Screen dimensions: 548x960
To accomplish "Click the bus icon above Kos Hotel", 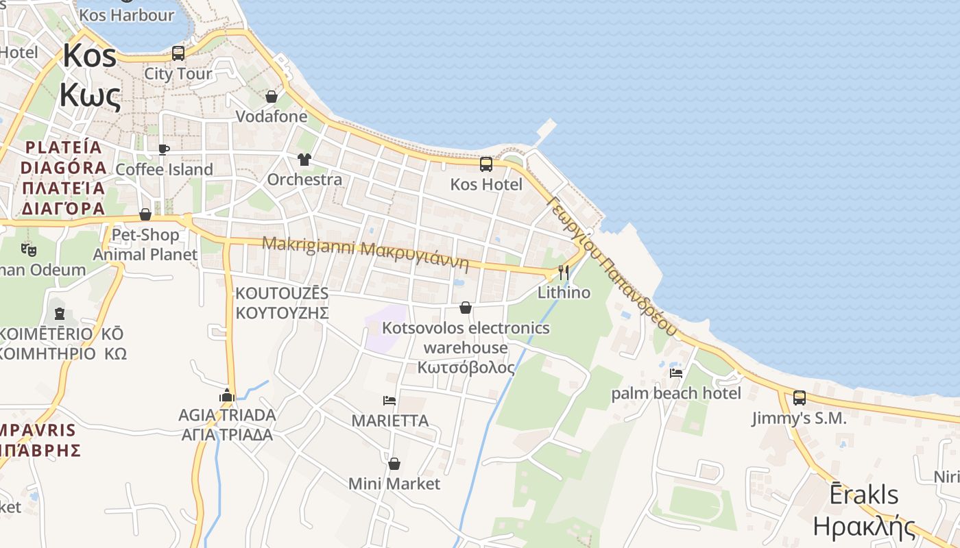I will pyautogui.click(x=485, y=164).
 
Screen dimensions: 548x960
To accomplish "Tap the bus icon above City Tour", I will pyautogui.click(x=178, y=53).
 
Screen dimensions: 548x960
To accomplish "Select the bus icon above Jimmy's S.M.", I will pyautogui.click(x=799, y=397).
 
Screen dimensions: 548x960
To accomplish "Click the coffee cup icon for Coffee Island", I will pyautogui.click(x=163, y=149).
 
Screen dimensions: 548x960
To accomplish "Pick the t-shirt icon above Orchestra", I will pyautogui.click(x=304, y=160).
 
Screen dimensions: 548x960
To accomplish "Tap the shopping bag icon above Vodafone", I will pyautogui.click(x=272, y=97).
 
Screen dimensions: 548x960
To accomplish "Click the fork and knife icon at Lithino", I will pyautogui.click(x=563, y=273).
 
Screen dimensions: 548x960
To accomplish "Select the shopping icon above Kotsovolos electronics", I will pyautogui.click(x=466, y=308).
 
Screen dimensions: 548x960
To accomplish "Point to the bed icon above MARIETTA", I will pyautogui.click(x=389, y=400).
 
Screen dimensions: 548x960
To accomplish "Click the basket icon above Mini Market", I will pyautogui.click(x=394, y=464).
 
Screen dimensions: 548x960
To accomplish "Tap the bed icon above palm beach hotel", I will pyautogui.click(x=676, y=373).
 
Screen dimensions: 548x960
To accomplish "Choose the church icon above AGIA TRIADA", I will pyautogui.click(x=227, y=395).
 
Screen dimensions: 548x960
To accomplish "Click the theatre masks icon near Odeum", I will pyautogui.click(x=28, y=249).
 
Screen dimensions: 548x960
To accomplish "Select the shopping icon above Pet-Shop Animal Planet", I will pyautogui.click(x=145, y=214).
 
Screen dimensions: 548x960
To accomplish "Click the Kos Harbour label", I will pyautogui.click(x=127, y=15).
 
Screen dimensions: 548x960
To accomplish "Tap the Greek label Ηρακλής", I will pyautogui.click(x=864, y=526).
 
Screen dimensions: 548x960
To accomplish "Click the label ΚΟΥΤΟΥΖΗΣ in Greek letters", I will pyautogui.click(x=282, y=313).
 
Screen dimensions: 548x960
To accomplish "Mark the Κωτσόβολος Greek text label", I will pyautogui.click(x=466, y=367).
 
